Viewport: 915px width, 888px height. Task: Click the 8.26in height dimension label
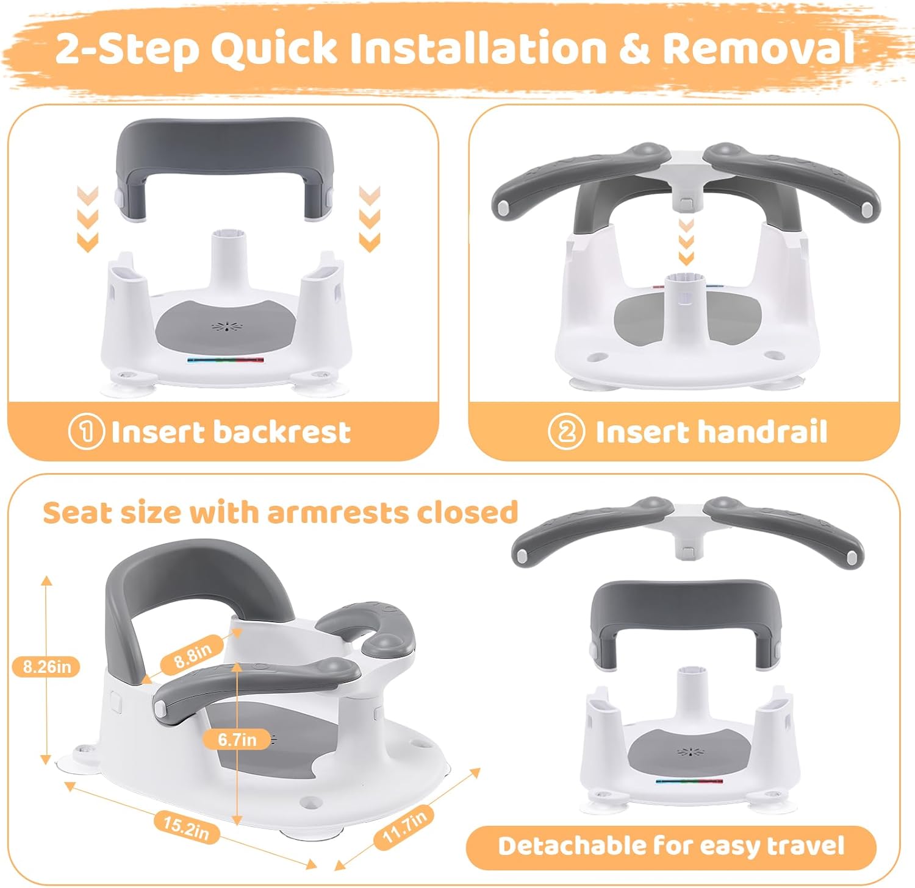point(47,667)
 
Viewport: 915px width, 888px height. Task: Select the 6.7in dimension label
point(237,739)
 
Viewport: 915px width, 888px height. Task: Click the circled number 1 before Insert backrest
point(85,432)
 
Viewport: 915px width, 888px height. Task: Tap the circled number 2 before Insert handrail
point(566,432)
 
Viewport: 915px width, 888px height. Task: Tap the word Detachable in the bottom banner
point(571,846)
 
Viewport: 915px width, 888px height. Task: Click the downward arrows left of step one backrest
point(88,219)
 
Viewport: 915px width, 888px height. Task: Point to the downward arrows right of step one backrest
point(370,219)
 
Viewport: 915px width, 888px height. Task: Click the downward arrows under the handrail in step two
point(686,242)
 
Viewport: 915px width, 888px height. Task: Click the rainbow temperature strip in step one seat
point(226,360)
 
